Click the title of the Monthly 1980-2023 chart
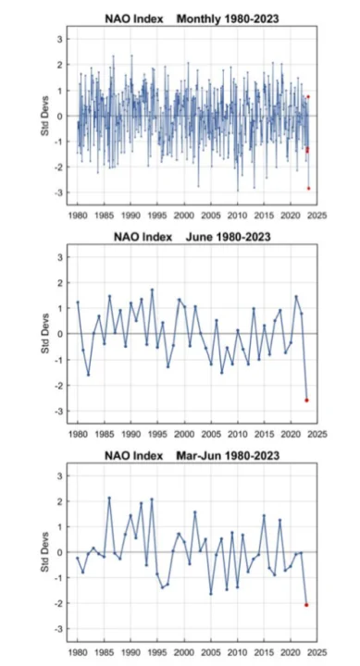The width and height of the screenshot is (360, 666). pyautogui.click(x=192, y=18)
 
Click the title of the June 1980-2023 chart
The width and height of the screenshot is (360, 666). pyautogui.click(x=192, y=237)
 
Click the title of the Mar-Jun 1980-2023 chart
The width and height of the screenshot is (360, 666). pyautogui.click(x=192, y=456)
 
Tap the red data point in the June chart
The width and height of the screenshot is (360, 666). pyautogui.click(x=306, y=401)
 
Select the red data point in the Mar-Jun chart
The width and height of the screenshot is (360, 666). pyautogui.click(x=306, y=604)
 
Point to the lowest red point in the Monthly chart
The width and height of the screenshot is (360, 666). pyautogui.click(x=308, y=188)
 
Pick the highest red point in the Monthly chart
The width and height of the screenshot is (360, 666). pyautogui.click(x=308, y=96)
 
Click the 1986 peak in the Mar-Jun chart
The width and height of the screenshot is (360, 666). pyautogui.click(x=109, y=498)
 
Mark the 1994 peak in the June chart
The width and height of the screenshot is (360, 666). pyautogui.click(x=152, y=290)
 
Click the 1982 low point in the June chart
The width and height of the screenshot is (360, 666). pyautogui.click(x=88, y=375)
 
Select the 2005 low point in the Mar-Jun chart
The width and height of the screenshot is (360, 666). pyautogui.click(x=211, y=594)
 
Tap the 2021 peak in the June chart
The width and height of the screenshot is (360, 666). pyautogui.click(x=296, y=297)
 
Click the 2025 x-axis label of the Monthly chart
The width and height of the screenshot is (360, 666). pyautogui.click(x=317, y=216)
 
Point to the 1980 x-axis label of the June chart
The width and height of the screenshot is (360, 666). pyautogui.click(x=78, y=434)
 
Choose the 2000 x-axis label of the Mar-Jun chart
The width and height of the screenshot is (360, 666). pyautogui.click(x=184, y=652)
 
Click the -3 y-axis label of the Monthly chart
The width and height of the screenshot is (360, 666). pyautogui.click(x=59, y=192)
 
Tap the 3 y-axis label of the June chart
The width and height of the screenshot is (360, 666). pyautogui.click(x=61, y=257)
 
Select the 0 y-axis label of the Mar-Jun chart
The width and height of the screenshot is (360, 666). pyautogui.click(x=61, y=552)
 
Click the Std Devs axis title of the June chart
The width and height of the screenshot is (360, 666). pyautogui.click(x=44, y=334)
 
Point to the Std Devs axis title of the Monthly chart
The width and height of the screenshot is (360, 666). pyautogui.click(x=44, y=116)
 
